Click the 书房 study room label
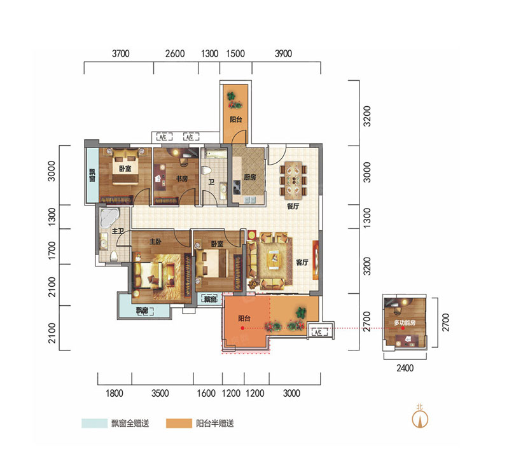coord(182,179)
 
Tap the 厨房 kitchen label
coord(250,177)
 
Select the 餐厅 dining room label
coord(293,206)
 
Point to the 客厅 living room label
coord(302,262)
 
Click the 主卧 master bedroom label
coord(155,242)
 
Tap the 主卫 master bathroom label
coord(118,231)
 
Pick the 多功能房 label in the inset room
coord(405,322)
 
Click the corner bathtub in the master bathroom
coord(109,217)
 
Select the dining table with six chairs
coord(293,181)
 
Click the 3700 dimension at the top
coord(121,53)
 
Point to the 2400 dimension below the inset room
coord(405,368)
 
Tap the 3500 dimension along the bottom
coord(160,394)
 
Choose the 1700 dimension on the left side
coord(52,250)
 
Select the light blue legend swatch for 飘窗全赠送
coord(94,424)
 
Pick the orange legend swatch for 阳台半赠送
coord(179,424)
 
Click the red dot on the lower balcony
coord(242,328)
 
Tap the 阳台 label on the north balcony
coord(236,120)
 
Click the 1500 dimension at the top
coord(235,53)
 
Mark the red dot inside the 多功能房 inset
coord(403,328)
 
